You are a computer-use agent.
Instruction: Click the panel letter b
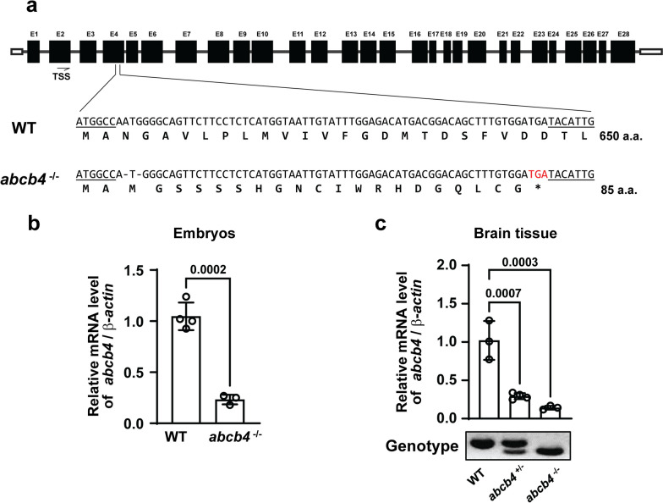14,225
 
